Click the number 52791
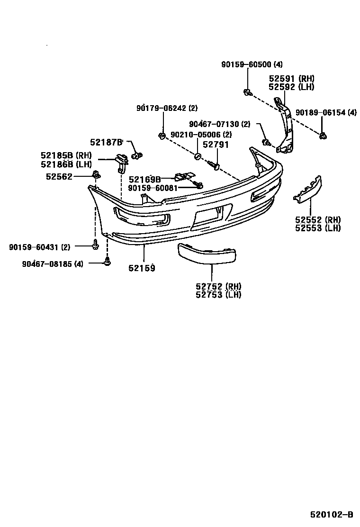216,145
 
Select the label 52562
59,176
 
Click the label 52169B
145,179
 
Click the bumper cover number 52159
142,268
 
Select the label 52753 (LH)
218,294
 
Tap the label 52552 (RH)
318,220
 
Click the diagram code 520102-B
332,514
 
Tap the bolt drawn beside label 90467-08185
107,261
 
